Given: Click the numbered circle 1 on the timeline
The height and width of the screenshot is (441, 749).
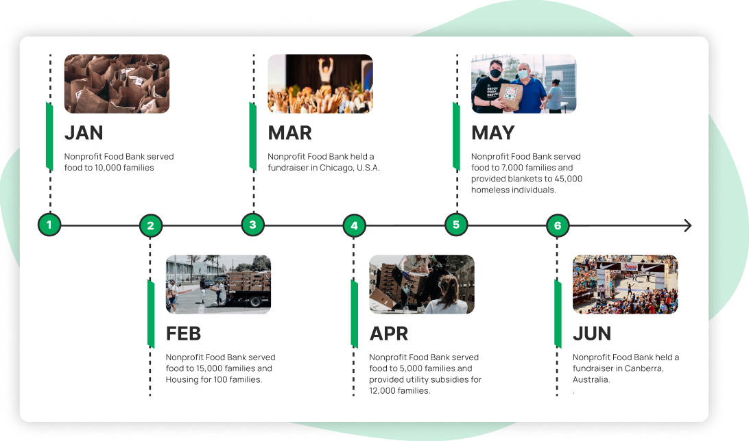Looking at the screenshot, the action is pos(49,225).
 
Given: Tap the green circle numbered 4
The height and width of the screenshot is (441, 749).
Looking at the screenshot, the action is pos(354,225).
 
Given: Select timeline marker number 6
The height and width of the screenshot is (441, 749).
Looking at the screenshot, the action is pos(558,225).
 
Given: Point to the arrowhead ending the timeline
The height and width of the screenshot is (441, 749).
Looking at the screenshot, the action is pos(688,225).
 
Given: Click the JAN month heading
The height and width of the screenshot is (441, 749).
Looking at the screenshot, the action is pos(84,133).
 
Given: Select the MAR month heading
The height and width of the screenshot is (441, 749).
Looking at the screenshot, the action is pos(289,133).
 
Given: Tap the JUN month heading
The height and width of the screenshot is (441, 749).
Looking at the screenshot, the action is pos(592,333).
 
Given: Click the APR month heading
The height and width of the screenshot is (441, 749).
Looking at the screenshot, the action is pos(389,333).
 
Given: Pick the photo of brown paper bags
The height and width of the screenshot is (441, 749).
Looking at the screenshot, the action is pos(117,84).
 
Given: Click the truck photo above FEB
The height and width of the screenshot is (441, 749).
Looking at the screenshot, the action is pos(218,284).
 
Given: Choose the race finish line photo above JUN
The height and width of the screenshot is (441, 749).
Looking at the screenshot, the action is pos(626,284).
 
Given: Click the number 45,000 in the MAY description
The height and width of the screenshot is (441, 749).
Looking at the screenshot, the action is pos(568,179).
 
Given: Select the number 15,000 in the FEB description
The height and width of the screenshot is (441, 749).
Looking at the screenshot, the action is pos(209,368).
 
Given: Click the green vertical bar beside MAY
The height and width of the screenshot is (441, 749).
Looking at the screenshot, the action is pos(456,136).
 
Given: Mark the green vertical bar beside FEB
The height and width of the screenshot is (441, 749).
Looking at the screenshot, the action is pos(151,314).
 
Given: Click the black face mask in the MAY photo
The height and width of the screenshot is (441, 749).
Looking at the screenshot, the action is pos(495,74).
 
